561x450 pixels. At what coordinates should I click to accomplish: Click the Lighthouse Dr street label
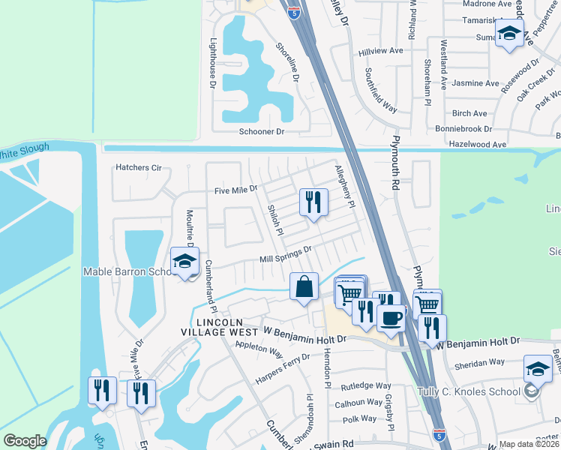212,64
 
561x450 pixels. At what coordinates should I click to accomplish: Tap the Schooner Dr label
262,131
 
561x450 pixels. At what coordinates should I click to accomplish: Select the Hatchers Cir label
139,167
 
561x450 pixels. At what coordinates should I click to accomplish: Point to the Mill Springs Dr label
285,254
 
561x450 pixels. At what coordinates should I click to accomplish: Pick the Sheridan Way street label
480,362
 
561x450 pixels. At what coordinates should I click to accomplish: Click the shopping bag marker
304,286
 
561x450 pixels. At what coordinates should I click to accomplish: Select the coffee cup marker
391,319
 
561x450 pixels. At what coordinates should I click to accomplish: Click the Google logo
25,441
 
